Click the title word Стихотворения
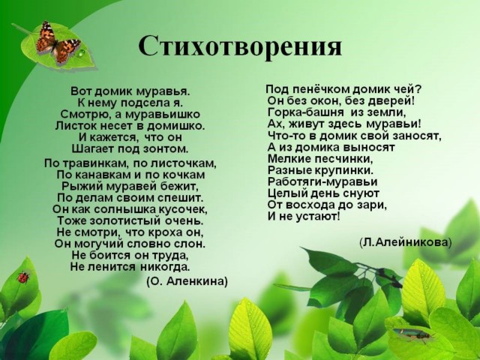pyautogui.click(x=240, y=46)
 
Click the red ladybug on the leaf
pyautogui.click(x=23, y=277)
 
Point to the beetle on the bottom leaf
pyautogui.click(x=413, y=334)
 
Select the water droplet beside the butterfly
pyautogui.click(x=81, y=53)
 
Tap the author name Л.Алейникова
pyautogui.click(x=405, y=242)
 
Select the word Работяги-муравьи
pyautogui.click(x=322, y=181)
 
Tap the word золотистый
pyautogui.click(x=126, y=220)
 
